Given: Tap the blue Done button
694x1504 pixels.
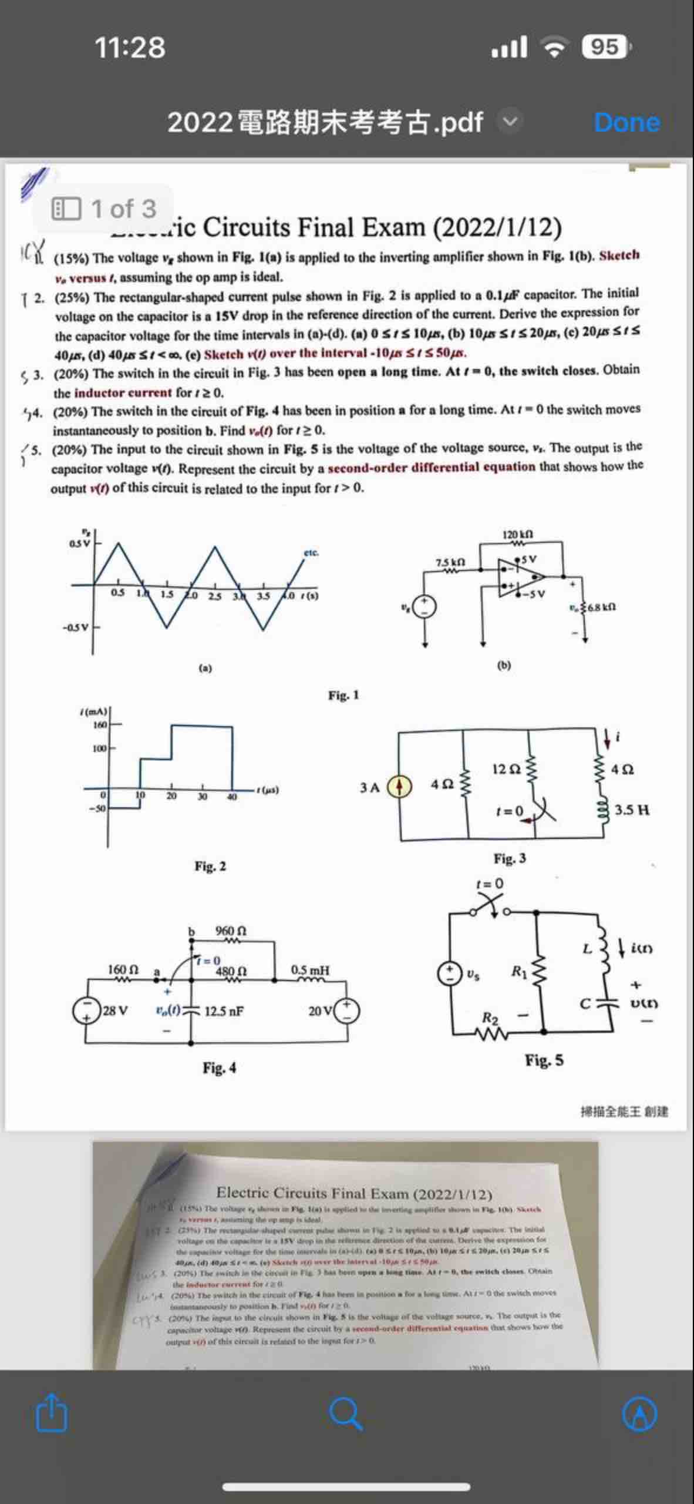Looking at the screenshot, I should tap(626, 122).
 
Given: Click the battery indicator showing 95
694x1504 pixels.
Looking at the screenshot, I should tap(605, 46).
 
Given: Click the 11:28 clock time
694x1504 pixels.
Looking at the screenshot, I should tap(130, 47).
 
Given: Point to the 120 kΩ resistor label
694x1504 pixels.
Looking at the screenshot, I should tap(517, 535).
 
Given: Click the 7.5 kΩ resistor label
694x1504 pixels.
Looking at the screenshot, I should tap(450, 562).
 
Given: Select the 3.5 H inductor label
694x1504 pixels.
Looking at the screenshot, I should tap(632, 811).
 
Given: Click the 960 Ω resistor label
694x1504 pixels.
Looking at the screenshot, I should tap(231, 931).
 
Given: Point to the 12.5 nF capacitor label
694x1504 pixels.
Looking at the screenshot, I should tap(224, 1011).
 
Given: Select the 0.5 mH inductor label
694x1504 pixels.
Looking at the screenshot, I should tap(310, 970).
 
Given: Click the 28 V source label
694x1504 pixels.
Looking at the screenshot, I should tap(115, 1011).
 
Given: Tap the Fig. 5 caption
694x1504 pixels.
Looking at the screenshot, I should tap(544, 1060).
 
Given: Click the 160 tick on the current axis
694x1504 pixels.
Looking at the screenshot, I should tap(100, 725).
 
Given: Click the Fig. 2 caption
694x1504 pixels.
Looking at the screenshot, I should tap(210, 867).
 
